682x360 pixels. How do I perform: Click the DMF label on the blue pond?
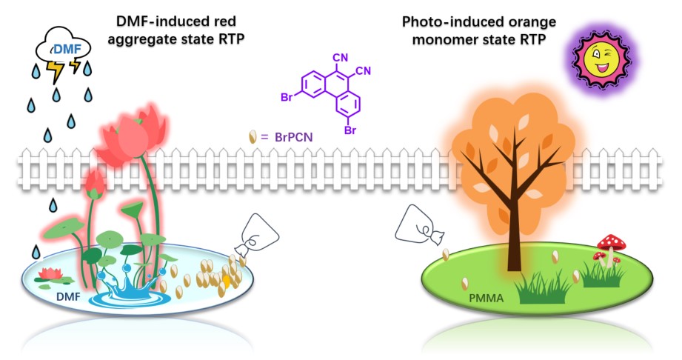68,297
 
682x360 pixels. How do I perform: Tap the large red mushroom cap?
612,241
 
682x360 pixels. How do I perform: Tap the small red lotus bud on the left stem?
94,181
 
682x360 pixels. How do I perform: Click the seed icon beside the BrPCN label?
253,137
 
